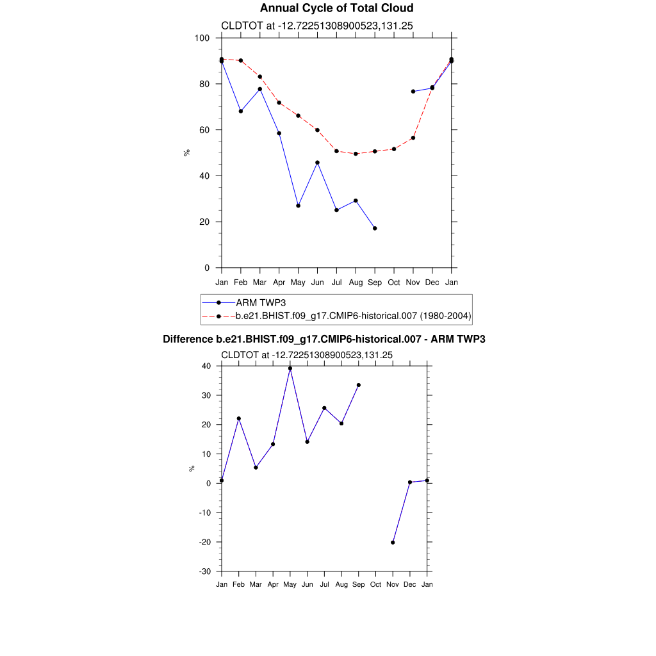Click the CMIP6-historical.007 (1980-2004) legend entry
[x=354, y=316]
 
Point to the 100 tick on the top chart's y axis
[x=202, y=38]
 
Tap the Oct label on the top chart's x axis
[x=394, y=282]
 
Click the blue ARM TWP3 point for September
[x=375, y=228]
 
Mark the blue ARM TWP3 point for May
[x=298, y=206]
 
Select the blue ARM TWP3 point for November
[x=413, y=92]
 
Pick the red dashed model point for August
[x=356, y=154]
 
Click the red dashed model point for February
[x=240, y=60]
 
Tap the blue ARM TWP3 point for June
[x=317, y=163]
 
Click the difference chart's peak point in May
[x=290, y=368]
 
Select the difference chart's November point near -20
[x=393, y=543]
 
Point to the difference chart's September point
[x=359, y=385]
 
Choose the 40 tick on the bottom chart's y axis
[x=206, y=366]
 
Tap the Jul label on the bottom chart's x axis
[x=325, y=584]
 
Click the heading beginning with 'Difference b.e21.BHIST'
[x=324, y=339]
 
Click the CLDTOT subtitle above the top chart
[x=316, y=26]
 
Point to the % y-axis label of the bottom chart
[x=192, y=468]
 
